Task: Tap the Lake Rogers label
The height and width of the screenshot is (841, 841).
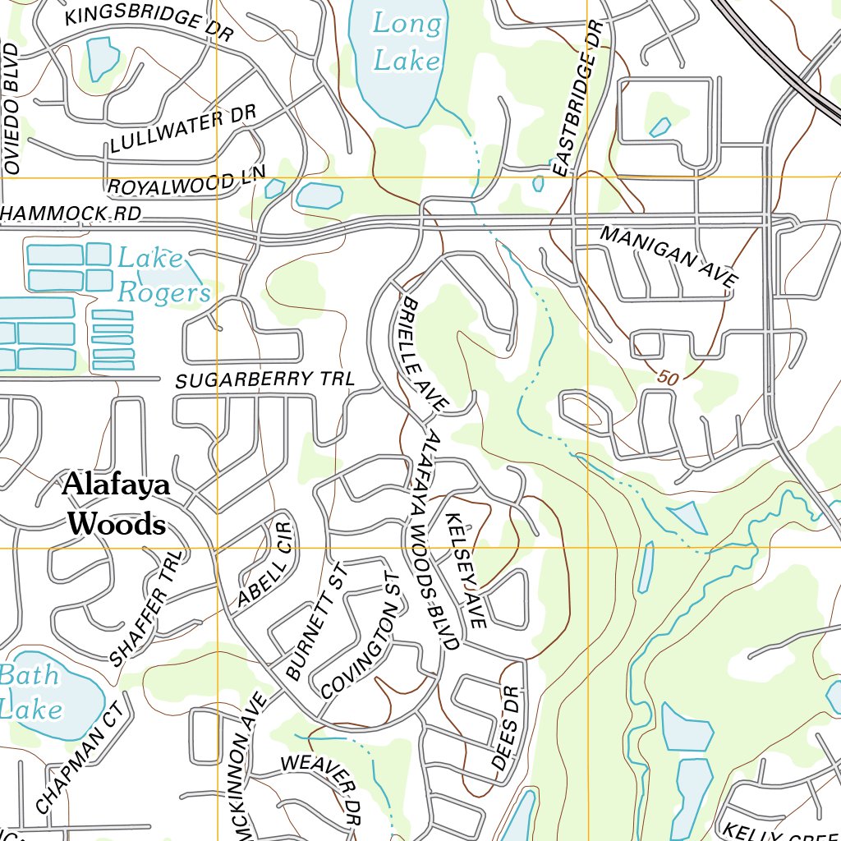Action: tap(163, 276)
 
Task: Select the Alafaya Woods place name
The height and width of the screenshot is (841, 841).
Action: tap(117, 503)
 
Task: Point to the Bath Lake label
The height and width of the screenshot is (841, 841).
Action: tap(30, 692)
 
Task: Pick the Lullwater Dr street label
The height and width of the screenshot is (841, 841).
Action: tap(183, 130)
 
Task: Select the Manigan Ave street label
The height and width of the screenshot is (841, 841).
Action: tap(669, 256)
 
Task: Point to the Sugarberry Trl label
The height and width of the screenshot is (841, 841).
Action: tap(264, 379)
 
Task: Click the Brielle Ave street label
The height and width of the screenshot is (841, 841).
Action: tap(422, 354)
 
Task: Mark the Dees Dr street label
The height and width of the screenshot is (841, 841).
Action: tap(506, 728)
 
